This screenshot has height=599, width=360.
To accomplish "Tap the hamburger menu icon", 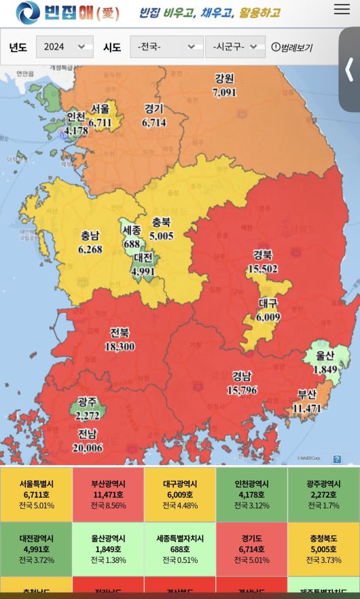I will pyautogui.click(x=342, y=10).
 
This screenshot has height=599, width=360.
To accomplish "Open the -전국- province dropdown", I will pyautogui.click(x=166, y=47).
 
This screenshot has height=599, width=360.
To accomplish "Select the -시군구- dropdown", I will pyautogui.click(x=234, y=47).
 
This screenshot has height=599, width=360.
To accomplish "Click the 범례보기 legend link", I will pyautogui.click(x=292, y=48).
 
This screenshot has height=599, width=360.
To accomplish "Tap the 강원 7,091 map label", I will pyautogui.click(x=224, y=86).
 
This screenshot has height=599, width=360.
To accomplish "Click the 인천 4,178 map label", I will pyautogui.click(x=75, y=124).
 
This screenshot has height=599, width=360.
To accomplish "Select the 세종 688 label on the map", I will pyautogui.click(x=132, y=237).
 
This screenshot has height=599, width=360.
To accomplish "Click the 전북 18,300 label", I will pyautogui.click(x=120, y=340).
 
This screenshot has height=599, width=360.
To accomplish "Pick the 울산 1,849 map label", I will pyautogui.click(x=325, y=363).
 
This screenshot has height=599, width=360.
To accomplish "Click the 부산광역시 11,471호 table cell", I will pyautogui.click(x=108, y=494).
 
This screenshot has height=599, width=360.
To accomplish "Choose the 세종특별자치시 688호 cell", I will pyautogui.click(x=180, y=549).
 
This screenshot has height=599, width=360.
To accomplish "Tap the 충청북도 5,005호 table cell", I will pyautogui.click(x=323, y=549).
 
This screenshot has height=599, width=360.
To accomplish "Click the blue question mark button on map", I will pyautogui.click(x=337, y=459).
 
